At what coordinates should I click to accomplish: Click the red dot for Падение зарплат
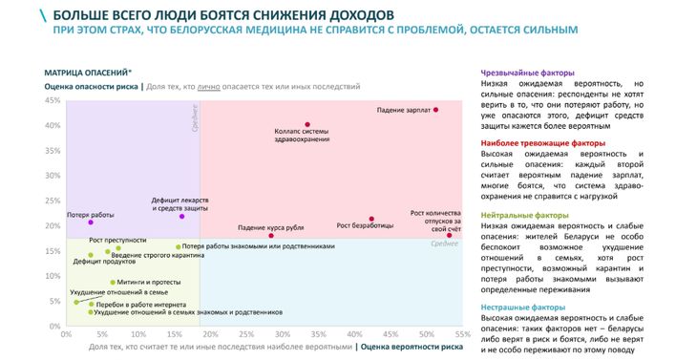(436, 110)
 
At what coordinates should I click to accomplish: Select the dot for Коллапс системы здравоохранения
(307, 125)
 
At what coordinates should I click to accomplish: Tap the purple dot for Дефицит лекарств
(181, 217)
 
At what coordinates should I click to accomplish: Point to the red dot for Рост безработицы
(371, 219)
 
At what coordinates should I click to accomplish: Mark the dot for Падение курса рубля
(271, 236)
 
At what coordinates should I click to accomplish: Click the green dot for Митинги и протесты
(113, 283)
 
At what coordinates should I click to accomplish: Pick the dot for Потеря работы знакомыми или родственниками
(179, 246)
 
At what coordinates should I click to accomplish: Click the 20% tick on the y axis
(53, 226)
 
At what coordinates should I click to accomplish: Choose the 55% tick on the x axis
(462, 333)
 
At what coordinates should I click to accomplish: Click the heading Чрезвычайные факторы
(527, 73)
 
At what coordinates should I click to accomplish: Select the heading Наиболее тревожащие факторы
(543, 143)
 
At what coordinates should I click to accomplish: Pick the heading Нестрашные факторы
(523, 307)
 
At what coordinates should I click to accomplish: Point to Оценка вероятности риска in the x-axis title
(410, 347)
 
